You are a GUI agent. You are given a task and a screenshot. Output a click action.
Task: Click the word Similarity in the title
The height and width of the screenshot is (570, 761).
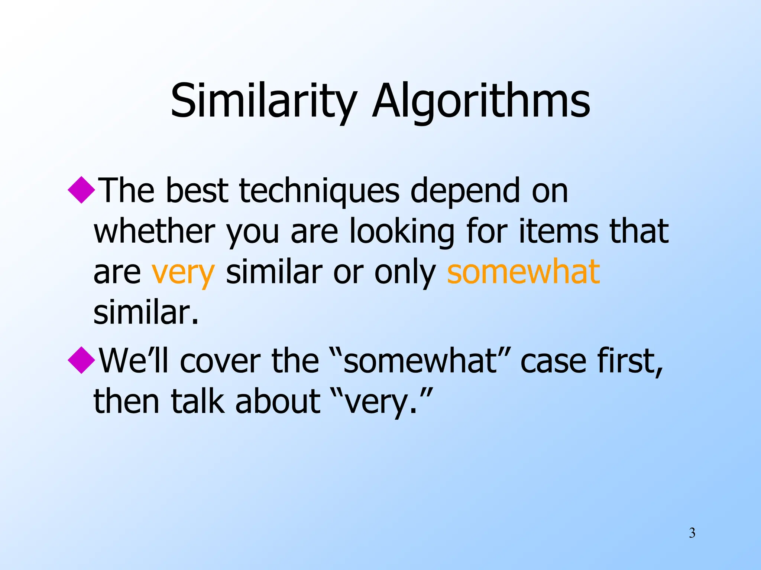click(x=263, y=101)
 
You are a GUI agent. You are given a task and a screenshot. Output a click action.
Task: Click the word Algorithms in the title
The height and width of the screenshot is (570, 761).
click(x=481, y=101)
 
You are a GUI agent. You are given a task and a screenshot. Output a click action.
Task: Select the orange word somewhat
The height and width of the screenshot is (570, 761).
click(x=523, y=272)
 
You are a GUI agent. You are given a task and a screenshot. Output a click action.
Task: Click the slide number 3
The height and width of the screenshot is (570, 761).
click(x=692, y=533)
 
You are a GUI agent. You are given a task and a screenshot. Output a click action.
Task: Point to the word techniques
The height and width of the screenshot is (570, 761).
click(x=319, y=191)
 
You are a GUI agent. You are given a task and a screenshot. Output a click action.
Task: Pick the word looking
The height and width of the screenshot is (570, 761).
click(x=402, y=232)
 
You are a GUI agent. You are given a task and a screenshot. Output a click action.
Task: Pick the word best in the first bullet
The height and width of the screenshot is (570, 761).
click(x=197, y=191)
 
